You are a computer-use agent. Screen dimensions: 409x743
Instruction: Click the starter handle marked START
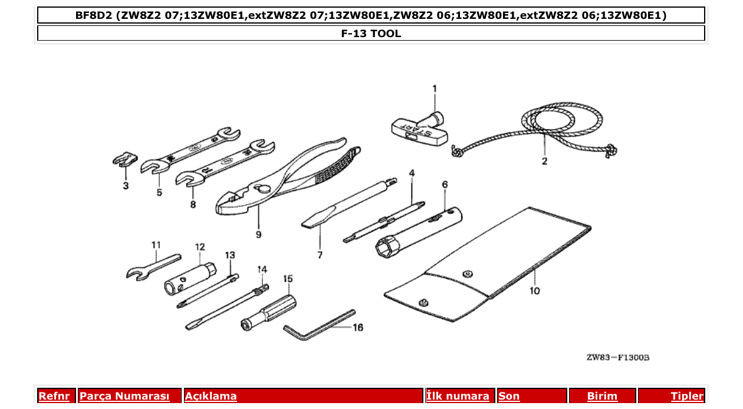point(419,127)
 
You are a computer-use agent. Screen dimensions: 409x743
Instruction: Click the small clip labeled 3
point(124,160)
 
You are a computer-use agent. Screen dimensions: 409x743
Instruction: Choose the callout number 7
point(320,255)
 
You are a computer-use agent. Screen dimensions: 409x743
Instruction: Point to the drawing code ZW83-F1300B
point(617,358)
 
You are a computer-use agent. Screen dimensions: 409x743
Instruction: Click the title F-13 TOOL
point(371,34)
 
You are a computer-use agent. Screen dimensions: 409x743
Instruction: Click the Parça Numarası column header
point(124,396)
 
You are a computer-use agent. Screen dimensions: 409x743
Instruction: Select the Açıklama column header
point(211,396)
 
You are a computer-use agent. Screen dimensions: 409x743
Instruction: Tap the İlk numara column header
point(458,396)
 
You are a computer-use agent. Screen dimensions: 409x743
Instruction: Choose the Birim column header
point(602,396)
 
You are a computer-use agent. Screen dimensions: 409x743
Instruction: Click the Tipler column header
point(686,396)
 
